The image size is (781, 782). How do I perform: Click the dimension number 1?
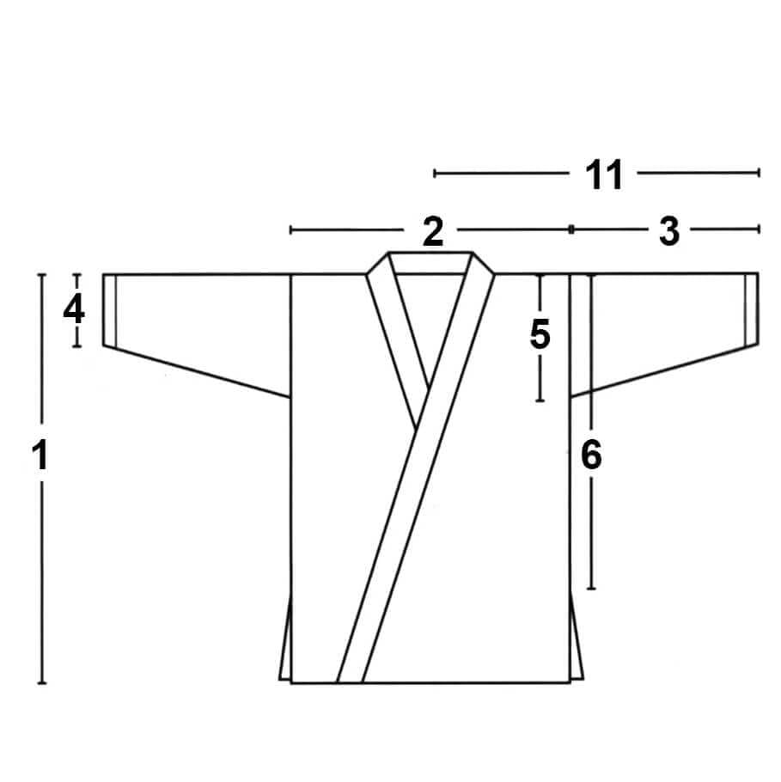[40, 455]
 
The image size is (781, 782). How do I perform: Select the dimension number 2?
[432, 231]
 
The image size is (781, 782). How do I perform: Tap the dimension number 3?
[668, 231]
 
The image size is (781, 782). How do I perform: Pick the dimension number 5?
[540, 333]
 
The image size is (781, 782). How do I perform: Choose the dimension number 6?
[591, 455]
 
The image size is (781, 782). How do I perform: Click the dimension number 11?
[603, 174]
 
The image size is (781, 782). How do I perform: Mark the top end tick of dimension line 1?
[42, 274]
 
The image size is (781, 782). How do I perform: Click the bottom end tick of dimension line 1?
[42, 683]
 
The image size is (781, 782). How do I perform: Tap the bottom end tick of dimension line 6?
[591, 589]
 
